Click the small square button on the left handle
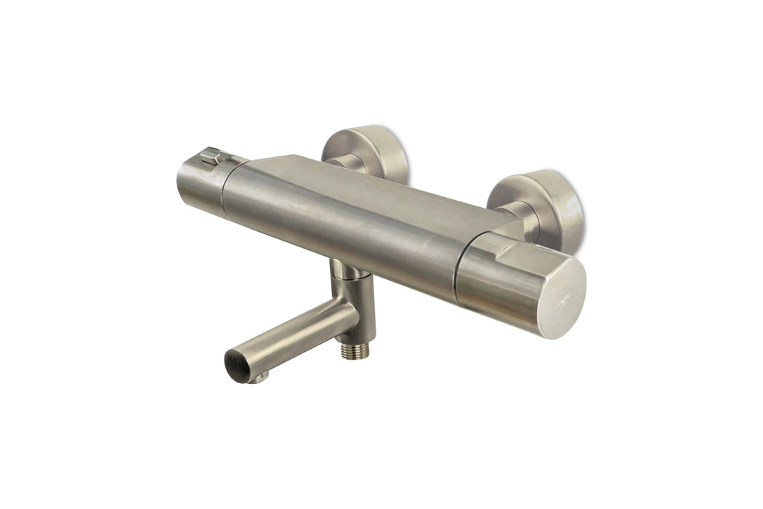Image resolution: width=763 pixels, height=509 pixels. pyautogui.click(x=211, y=156)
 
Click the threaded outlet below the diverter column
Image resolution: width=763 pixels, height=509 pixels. pyautogui.click(x=355, y=350)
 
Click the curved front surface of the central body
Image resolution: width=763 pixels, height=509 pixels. pyautogui.click(x=342, y=233)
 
